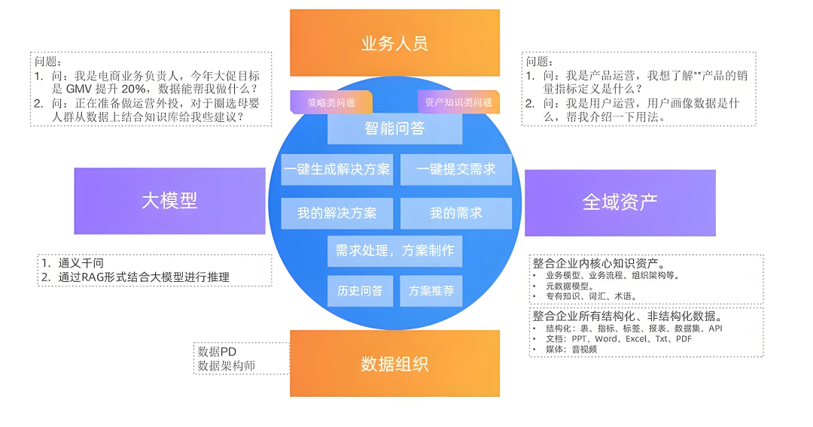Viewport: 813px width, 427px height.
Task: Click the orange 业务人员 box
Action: click(394, 42)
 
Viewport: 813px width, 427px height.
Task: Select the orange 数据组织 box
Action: click(394, 364)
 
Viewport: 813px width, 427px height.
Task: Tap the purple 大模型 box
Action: click(169, 200)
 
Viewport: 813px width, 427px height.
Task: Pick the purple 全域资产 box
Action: click(620, 201)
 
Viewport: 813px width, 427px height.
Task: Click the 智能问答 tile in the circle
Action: click(394, 129)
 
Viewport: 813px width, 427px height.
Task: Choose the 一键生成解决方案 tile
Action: click(336, 170)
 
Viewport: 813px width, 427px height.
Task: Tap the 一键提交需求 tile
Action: click(456, 170)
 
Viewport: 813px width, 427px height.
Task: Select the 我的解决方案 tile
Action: click(336, 213)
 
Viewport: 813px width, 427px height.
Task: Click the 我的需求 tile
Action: click(456, 213)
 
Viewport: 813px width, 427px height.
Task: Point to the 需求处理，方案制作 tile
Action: click(394, 250)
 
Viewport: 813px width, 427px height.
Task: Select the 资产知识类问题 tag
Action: click(458, 102)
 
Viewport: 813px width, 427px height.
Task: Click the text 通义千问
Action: click(81, 263)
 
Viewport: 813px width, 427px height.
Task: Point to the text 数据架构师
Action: click(225, 365)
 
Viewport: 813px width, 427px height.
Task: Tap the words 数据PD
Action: click(218, 351)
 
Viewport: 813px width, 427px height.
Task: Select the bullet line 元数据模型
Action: click(570, 286)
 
